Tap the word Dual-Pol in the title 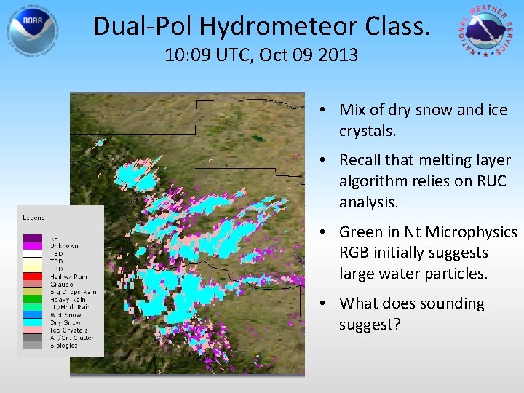[142, 27]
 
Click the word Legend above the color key [33, 217]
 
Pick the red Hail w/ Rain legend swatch [32, 277]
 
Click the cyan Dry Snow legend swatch [32, 322]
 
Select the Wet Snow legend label [63, 315]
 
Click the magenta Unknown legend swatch [32, 246]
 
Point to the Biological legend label [65, 345]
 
